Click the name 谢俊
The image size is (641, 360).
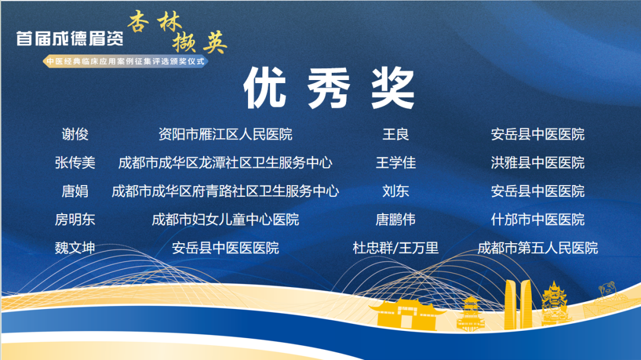tap(75, 134)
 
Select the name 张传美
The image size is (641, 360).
tap(75, 163)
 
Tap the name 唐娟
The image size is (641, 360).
tap(75, 191)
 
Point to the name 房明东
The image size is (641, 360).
tap(75, 219)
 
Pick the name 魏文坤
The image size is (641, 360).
tap(75, 248)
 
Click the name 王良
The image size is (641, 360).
tap(395, 134)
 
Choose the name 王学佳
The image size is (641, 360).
tap(395, 163)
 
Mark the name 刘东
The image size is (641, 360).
tap(395, 191)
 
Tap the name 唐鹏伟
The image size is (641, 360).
tap(395, 219)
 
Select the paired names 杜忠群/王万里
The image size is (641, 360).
tap(395, 248)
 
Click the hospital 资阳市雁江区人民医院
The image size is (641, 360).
tap(226, 134)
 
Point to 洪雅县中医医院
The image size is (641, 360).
tap(538, 163)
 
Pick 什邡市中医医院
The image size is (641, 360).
tap(538, 219)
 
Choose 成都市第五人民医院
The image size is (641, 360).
tap(538, 248)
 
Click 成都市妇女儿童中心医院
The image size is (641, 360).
tap(226, 219)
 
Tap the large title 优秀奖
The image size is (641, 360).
tap(329, 88)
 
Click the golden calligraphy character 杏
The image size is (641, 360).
tap(138, 22)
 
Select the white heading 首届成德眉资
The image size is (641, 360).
tap(70, 39)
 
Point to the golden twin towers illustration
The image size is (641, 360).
tap(518, 304)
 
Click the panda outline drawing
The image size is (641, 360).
tap(607, 291)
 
